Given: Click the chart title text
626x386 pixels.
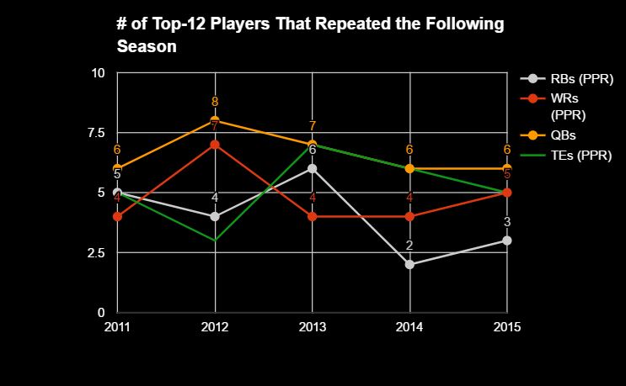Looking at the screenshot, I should [310, 35].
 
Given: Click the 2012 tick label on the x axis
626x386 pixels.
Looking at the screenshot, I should [215, 325].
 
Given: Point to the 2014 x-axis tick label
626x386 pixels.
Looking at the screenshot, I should [409, 325].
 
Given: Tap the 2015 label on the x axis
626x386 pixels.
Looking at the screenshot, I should [506, 325].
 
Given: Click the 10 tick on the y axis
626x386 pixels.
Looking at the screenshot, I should [98, 73].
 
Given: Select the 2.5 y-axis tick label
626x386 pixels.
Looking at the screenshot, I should [94, 253].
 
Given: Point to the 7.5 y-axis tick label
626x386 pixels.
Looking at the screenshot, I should [94, 133].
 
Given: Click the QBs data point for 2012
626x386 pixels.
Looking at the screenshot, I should [215, 120].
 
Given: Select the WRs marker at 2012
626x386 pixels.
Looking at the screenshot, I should [215, 145].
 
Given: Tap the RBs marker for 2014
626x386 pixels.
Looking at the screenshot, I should [409, 264].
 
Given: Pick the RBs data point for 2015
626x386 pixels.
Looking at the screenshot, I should [507, 241].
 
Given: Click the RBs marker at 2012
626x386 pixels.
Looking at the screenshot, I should [215, 216].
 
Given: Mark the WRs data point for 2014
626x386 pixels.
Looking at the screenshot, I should [409, 216].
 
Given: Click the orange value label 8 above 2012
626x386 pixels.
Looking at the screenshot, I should [215, 103].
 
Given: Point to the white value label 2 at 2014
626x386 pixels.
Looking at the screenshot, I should [409, 246].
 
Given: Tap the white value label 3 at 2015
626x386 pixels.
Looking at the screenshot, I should [507, 222].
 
